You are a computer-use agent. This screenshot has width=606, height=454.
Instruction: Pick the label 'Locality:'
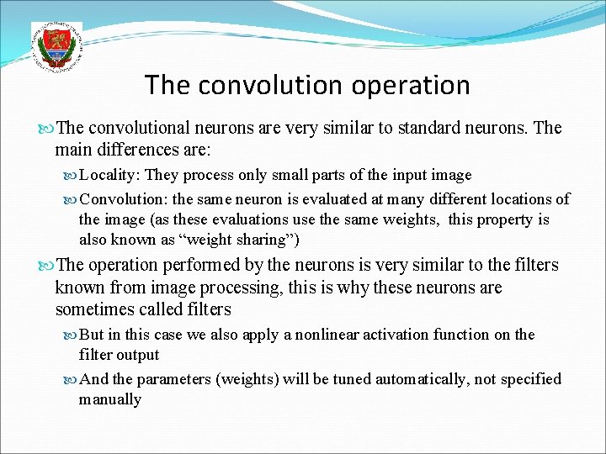coord(111,176)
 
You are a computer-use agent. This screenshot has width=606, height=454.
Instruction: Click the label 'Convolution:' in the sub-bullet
coord(123,200)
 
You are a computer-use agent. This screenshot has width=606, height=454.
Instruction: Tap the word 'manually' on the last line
coord(110,399)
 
